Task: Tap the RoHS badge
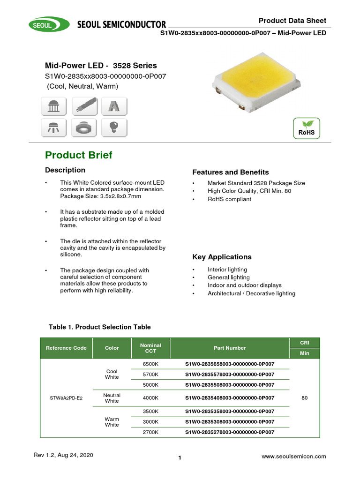click(306, 128)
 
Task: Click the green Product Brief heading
click(78, 155)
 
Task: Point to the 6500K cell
click(150, 364)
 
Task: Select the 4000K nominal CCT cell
click(150, 398)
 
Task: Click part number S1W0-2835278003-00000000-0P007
click(230, 432)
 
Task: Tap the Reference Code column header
click(66, 348)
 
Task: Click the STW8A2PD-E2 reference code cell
click(66, 398)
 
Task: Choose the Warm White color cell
click(112, 422)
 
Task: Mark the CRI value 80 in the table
click(305, 398)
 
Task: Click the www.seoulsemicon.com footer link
click(293, 456)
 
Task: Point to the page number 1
click(180, 458)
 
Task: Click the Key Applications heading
click(222, 257)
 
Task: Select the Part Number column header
click(230, 348)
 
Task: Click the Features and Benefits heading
click(231, 172)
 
